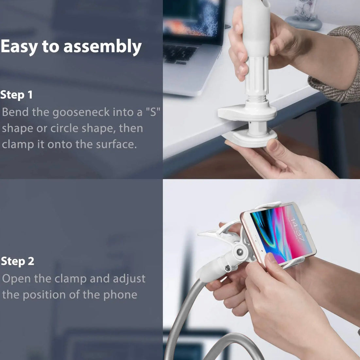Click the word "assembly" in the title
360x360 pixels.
click(102, 47)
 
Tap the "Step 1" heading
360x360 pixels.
click(17, 95)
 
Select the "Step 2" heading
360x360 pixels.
click(17, 261)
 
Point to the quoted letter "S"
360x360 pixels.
click(153, 112)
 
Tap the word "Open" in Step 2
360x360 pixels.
click(17, 279)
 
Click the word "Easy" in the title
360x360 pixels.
click(19, 47)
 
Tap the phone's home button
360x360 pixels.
click(305, 228)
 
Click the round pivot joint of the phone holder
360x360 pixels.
click(240, 252)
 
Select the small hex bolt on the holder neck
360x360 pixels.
click(228, 268)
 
